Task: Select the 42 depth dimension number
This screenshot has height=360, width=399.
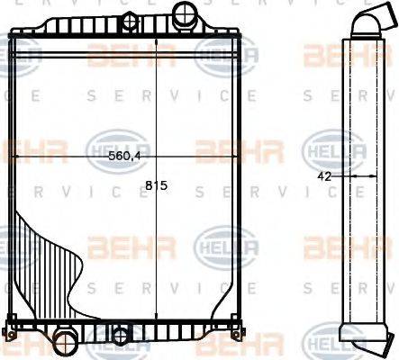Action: coord(325,176)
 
